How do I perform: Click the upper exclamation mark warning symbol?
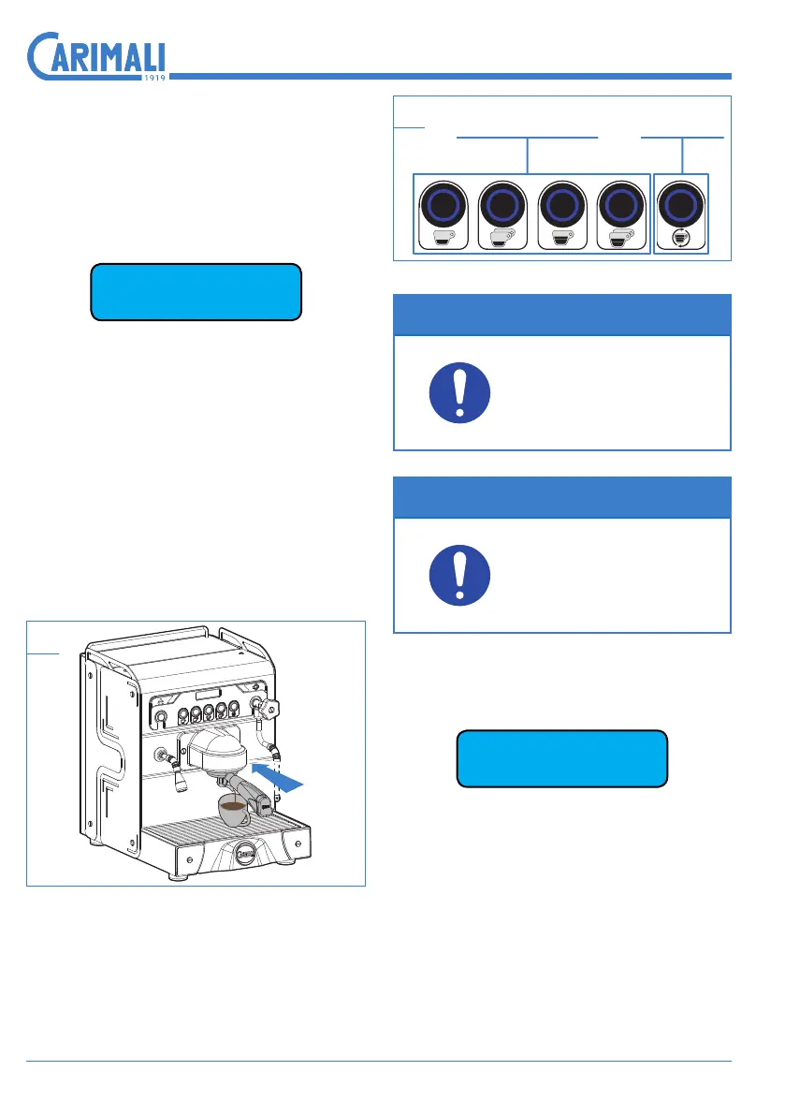coord(459,393)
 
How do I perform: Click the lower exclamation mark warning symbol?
coord(459,576)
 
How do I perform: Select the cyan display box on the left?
coord(196,292)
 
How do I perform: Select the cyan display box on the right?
coord(561,758)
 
